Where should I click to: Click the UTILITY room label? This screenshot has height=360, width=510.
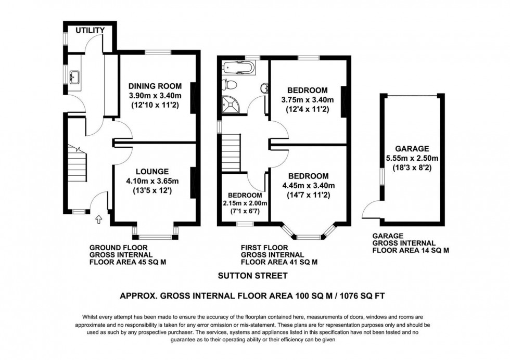(x=90, y=31)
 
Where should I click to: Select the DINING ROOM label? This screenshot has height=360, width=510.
(x=155, y=86)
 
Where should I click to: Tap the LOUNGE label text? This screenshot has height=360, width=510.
(x=152, y=171)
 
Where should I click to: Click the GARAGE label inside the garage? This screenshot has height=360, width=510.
(x=412, y=148)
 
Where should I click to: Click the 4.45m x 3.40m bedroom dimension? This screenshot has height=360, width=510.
(x=308, y=186)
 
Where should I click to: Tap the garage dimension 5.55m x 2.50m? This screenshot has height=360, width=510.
(x=412, y=158)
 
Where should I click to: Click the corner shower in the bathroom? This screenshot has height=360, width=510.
(x=231, y=105)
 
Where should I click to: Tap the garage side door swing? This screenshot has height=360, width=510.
(x=372, y=208)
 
